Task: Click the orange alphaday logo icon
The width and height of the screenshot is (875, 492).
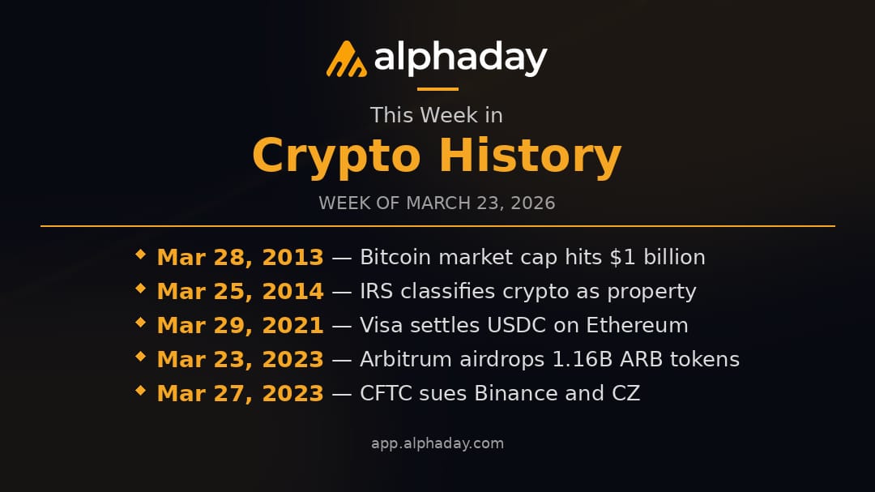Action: (x=346, y=58)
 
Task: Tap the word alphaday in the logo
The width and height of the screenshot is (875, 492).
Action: (x=460, y=58)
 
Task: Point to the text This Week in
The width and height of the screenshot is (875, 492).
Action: (x=437, y=115)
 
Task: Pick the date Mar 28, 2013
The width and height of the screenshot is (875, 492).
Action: (x=240, y=257)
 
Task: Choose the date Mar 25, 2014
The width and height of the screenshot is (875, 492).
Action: (x=240, y=291)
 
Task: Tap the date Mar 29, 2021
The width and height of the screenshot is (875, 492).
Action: (x=240, y=325)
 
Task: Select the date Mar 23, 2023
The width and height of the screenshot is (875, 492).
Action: (x=240, y=359)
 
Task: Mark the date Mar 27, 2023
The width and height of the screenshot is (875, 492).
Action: (x=240, y=393)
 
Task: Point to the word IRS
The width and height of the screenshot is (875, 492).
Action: (x=376, y=291)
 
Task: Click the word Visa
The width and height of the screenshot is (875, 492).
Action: (x=379, y=325)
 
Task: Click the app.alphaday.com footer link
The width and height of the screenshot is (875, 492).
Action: (x=437, y=443)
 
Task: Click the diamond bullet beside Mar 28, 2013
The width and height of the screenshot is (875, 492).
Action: (x=141, y=255)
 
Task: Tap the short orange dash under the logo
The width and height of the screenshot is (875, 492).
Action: (x=437, y=89)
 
